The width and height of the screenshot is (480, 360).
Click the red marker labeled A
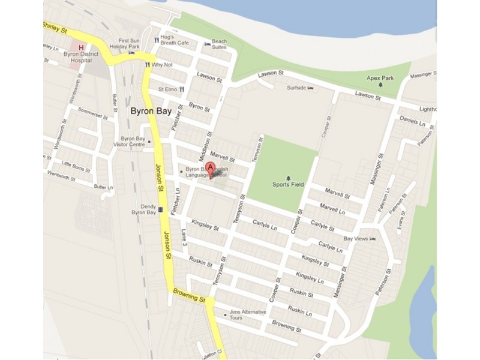(x=210, y=168)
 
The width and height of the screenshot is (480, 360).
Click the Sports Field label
(x=288, y=184)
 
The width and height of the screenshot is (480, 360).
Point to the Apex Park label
(x=380, y=78)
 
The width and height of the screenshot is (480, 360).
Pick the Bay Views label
(x=355, y=239)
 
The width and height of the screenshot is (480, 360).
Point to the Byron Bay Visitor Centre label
(x=133, y=141)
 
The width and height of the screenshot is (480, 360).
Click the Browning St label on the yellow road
(x=190, y=295)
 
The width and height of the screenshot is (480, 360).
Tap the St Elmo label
(x=167, y=89)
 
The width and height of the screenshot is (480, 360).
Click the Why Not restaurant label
(x=162, y=64)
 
